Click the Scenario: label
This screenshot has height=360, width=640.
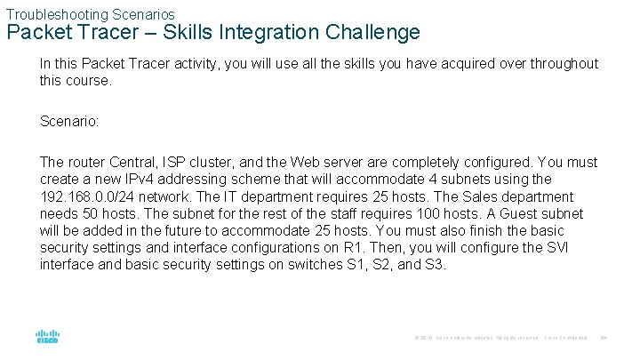point(69,120)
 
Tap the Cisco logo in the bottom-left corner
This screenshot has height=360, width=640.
point(47,338)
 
